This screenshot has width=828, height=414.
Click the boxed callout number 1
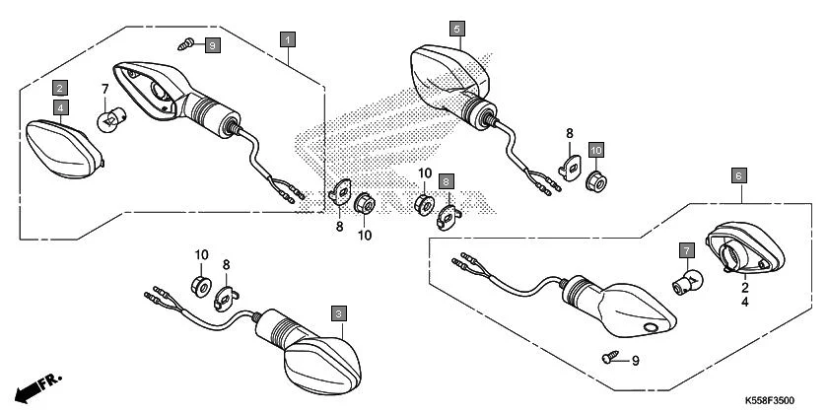point(287,40)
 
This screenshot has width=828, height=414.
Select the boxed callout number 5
point(456,30)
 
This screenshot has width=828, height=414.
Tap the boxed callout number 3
point(338,313)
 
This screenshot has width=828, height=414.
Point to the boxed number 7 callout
point(685,251)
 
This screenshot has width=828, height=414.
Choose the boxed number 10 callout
point(595,149)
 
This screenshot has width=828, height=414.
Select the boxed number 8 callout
point(446,182)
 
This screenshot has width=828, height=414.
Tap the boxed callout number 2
point(60,87)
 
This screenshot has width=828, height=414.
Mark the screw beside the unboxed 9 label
point(612,359)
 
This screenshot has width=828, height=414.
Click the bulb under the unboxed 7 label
point(109,121)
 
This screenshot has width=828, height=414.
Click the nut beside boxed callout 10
point(596,181)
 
